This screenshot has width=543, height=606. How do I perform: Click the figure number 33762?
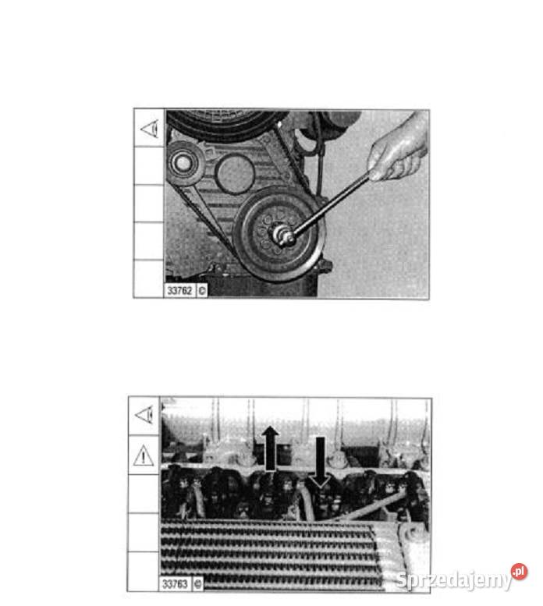tap(179, 290)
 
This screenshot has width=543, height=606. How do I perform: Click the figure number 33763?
tap(175, 583)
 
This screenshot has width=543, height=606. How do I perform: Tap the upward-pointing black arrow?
tap(270, 448)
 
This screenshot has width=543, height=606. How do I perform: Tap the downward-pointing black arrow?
tap(321, 462)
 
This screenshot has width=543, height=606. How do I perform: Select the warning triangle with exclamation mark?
tap(144, 455)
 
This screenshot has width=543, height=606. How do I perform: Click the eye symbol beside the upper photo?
tap(150, 129)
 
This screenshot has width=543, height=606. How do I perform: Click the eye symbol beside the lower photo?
tap(144, 415)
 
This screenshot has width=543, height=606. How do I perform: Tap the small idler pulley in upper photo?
tap(184, 163)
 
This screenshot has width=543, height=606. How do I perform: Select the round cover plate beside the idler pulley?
tap(235, 174)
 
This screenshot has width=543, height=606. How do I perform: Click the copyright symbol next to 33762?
tap(202, 291)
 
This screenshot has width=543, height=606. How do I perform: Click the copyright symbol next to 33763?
tap(197, 583)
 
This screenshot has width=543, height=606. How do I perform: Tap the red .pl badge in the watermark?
tap(519, 572)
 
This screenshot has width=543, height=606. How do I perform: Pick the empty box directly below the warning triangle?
tap(144, 494)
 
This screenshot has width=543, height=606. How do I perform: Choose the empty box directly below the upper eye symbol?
tap(149, 165)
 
